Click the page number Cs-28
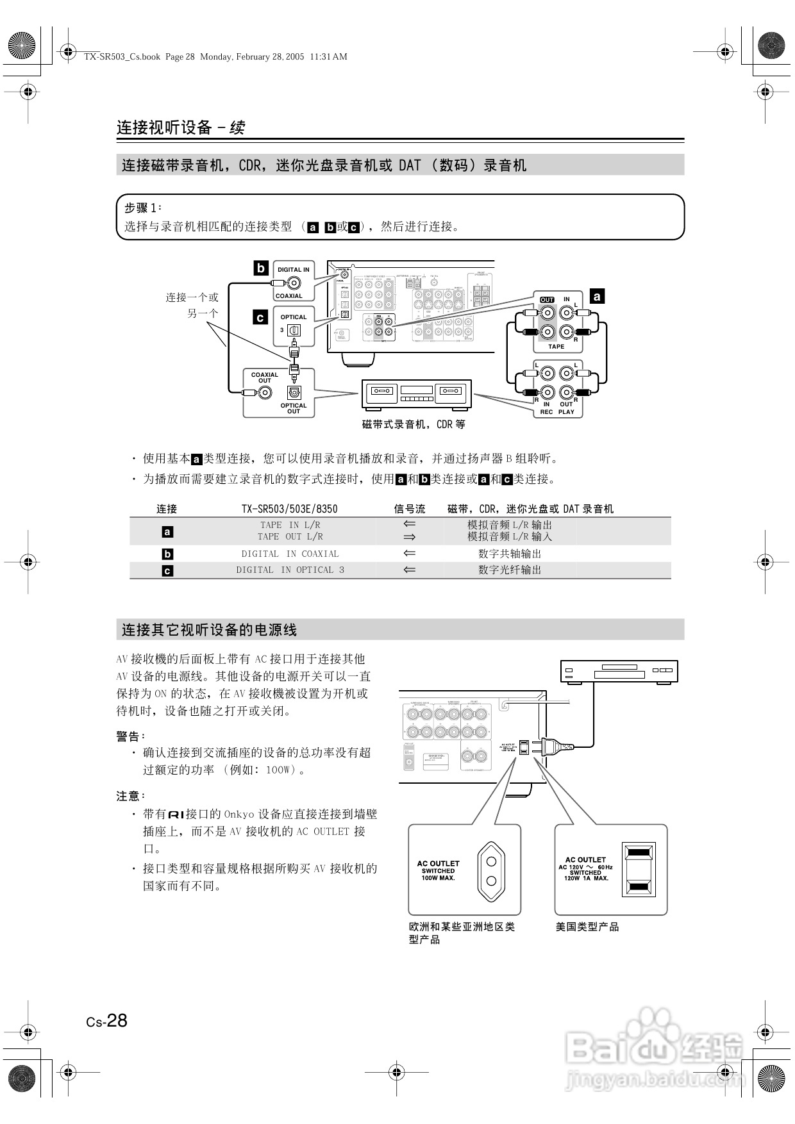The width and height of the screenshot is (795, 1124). tap(107, 1021)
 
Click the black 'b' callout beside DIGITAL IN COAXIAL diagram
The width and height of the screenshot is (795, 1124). tap(260, 268)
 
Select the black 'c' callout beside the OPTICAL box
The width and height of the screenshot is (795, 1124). tap(260, 317)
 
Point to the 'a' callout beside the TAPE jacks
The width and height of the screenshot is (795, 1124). tap(597, 296)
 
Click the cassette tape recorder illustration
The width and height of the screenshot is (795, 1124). tap(417, 394)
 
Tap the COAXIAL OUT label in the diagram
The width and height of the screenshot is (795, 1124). tap(265, 377)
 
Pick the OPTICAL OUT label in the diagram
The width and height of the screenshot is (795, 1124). tap(294, 408)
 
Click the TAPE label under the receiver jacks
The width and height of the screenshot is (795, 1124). tap(556, 347)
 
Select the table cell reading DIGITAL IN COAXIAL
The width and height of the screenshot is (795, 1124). tap(290, 554)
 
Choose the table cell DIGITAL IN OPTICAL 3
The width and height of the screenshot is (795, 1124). tap(290, 570)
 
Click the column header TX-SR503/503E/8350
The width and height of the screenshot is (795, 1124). tap(289, 509)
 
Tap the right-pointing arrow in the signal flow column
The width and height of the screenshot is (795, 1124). tap(410, 537)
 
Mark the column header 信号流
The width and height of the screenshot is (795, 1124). tap(410, 509)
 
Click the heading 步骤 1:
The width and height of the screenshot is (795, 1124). tap(143, 208)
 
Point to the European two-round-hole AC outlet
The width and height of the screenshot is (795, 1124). tap(492, 872)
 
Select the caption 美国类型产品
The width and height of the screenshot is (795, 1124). tap(587, 927)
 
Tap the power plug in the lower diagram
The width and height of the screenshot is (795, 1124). tap(551, 746)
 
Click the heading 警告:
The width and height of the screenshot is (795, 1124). tap(131, 736)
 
